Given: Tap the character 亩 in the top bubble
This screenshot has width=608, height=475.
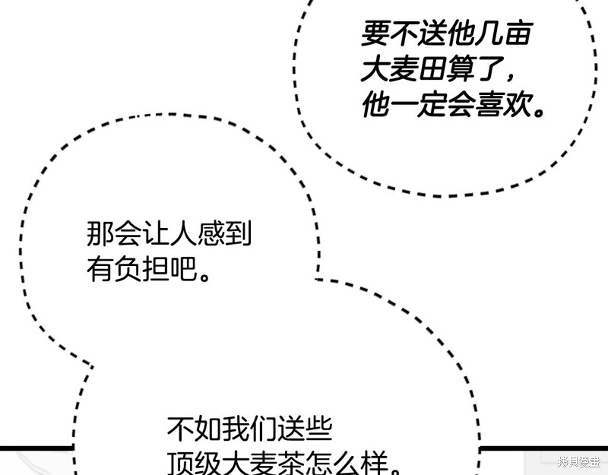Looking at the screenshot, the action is tap(518, 33).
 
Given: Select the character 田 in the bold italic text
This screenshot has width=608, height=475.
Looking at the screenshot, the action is tap(432, 69).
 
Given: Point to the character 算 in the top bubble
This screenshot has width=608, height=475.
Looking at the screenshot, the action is tap(461, 69).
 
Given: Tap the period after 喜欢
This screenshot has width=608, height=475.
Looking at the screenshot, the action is tap(539, 112).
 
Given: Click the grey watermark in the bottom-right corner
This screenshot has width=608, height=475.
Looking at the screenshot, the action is tap(579, 461).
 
